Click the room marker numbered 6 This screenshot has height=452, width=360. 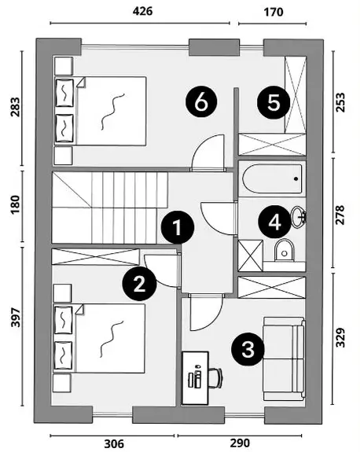coord(201,102)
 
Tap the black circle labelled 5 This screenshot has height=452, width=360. coord(274,102)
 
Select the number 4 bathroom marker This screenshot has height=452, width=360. coord(274,222)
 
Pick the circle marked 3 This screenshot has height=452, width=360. coord(248,349)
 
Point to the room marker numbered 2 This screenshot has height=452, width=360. coord(139,285)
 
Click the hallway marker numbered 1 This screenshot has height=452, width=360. coord(178,227)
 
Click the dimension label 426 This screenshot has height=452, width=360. coord(142,11)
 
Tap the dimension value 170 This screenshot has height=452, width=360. coord(274,12)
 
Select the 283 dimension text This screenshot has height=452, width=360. coord(15,107)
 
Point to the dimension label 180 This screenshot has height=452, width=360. coord(15,204)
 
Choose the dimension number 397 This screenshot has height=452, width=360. coord(15,318)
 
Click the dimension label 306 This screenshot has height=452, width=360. coord(114,443)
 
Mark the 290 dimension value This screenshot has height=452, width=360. coord(240,443)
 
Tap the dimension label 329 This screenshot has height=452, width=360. coord(340,337)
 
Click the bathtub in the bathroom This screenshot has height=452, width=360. coord(273,178)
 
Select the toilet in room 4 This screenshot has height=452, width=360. coord(285,250)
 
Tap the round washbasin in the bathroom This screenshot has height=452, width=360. coord(299,216)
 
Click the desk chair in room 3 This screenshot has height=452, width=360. coord(215,378)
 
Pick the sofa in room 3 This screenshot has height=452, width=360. coord(285,359)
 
